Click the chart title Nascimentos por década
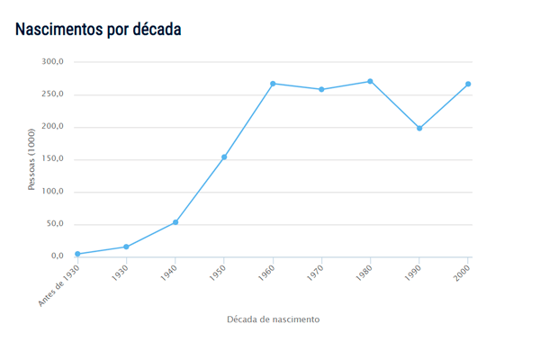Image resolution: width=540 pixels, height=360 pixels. (98, 29)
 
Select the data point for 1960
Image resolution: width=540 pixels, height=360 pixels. (273, 84)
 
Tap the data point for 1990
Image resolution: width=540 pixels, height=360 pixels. (419, 129)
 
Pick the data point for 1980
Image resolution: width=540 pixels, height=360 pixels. (370, 82)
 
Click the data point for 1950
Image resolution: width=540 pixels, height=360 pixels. (224, 157)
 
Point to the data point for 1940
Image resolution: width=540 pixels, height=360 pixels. (175, 222)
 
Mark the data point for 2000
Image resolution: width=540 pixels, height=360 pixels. (468, 85)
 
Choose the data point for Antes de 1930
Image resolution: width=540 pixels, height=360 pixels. (77, 254)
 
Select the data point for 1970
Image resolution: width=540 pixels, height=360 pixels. (321, 89)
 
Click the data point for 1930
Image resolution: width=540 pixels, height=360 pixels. (126, 247)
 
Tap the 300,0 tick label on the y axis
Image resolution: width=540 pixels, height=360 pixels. (53, 62)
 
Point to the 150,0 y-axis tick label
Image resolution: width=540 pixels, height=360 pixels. (53, 159)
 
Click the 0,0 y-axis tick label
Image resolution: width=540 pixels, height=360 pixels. (58, 256)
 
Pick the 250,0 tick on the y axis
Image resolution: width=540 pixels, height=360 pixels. (53, 94)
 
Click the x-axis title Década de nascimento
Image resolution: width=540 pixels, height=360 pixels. (273, 319)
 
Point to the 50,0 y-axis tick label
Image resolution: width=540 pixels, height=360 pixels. (55, 224)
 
